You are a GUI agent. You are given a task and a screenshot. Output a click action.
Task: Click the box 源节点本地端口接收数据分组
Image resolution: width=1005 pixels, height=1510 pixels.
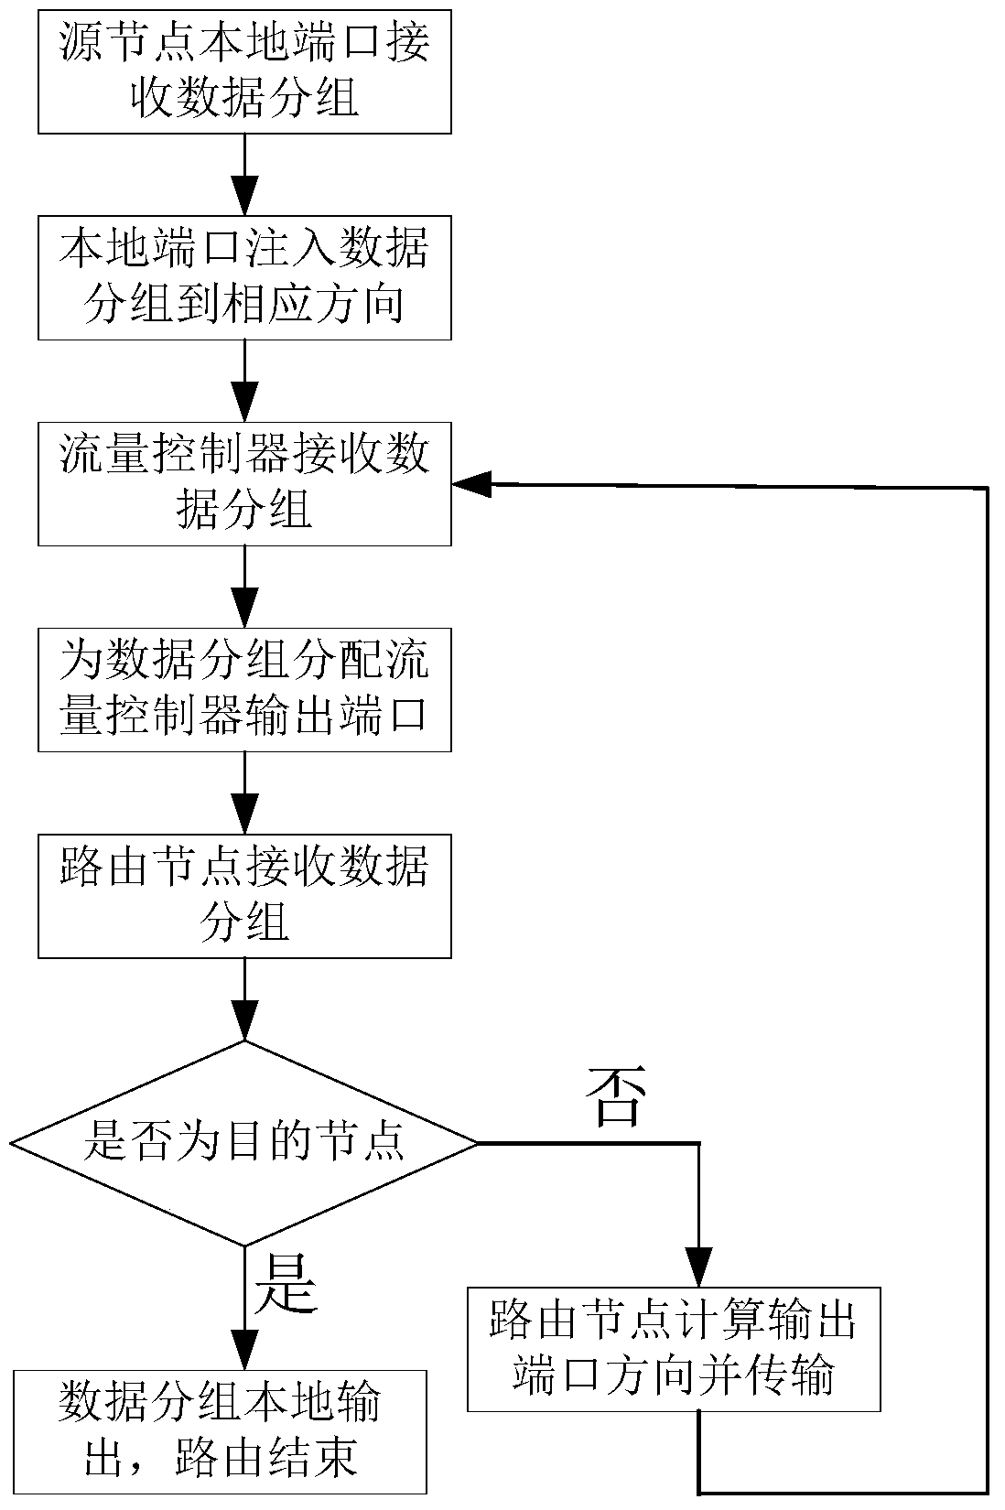pos(244,71)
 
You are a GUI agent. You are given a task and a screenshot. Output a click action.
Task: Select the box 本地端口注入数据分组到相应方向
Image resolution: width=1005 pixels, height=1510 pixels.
pos(244,277)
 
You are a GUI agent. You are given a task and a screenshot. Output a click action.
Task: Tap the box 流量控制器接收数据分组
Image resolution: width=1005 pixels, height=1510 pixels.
pos(244,483)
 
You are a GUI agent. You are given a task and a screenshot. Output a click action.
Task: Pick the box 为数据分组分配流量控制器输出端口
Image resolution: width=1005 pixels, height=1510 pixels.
pos(244,689)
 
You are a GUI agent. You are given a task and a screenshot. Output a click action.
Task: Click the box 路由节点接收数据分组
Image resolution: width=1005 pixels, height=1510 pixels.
pos(244,895)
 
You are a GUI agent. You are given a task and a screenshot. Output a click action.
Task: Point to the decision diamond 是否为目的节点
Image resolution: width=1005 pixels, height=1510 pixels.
pos(244,1143)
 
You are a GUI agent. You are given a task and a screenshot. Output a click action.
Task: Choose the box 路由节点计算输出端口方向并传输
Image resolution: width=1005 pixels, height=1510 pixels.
pos(674,1350)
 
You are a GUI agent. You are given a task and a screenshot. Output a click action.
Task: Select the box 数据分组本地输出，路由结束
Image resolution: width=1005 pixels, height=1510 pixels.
pos(220,1431)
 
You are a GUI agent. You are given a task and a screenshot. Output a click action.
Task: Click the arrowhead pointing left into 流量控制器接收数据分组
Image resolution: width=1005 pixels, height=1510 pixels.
pos(472,486)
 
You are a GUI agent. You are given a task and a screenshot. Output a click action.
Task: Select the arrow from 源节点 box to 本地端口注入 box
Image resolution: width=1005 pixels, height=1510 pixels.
pos(244,174)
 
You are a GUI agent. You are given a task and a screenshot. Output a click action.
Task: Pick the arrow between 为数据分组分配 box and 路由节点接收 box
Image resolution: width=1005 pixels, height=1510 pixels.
pos(244,792)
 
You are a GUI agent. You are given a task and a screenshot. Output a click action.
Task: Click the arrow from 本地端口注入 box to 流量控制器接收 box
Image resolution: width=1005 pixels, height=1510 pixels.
pos(244,380)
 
